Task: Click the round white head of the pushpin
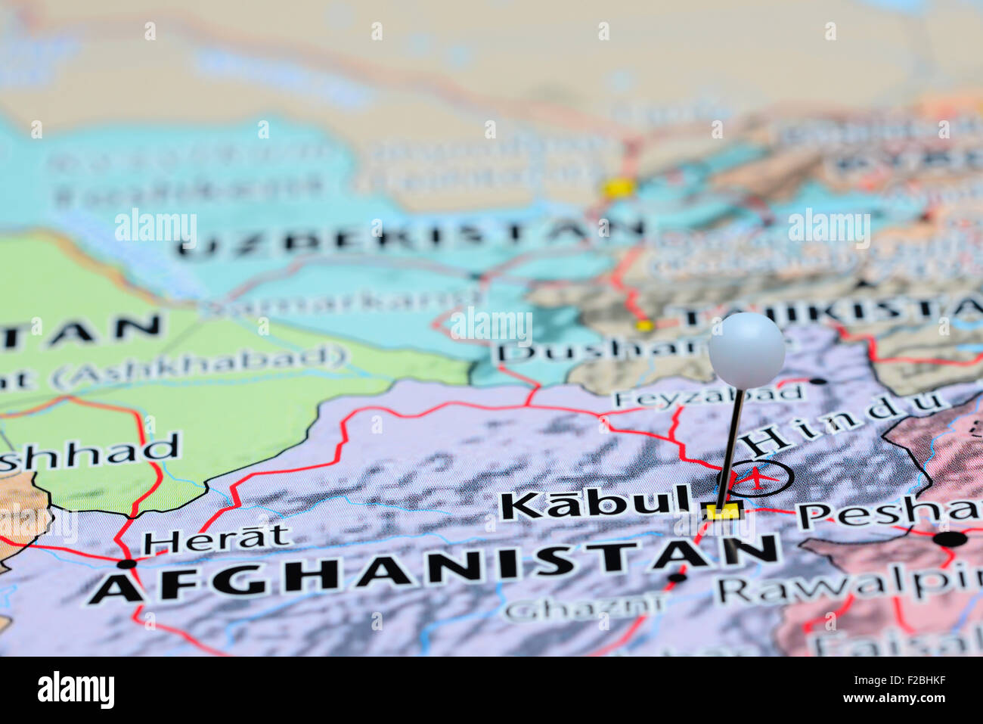746,350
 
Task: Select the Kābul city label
597,504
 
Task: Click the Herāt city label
217,538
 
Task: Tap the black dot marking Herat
126,564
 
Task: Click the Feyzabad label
709,396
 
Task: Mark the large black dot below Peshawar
950,539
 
